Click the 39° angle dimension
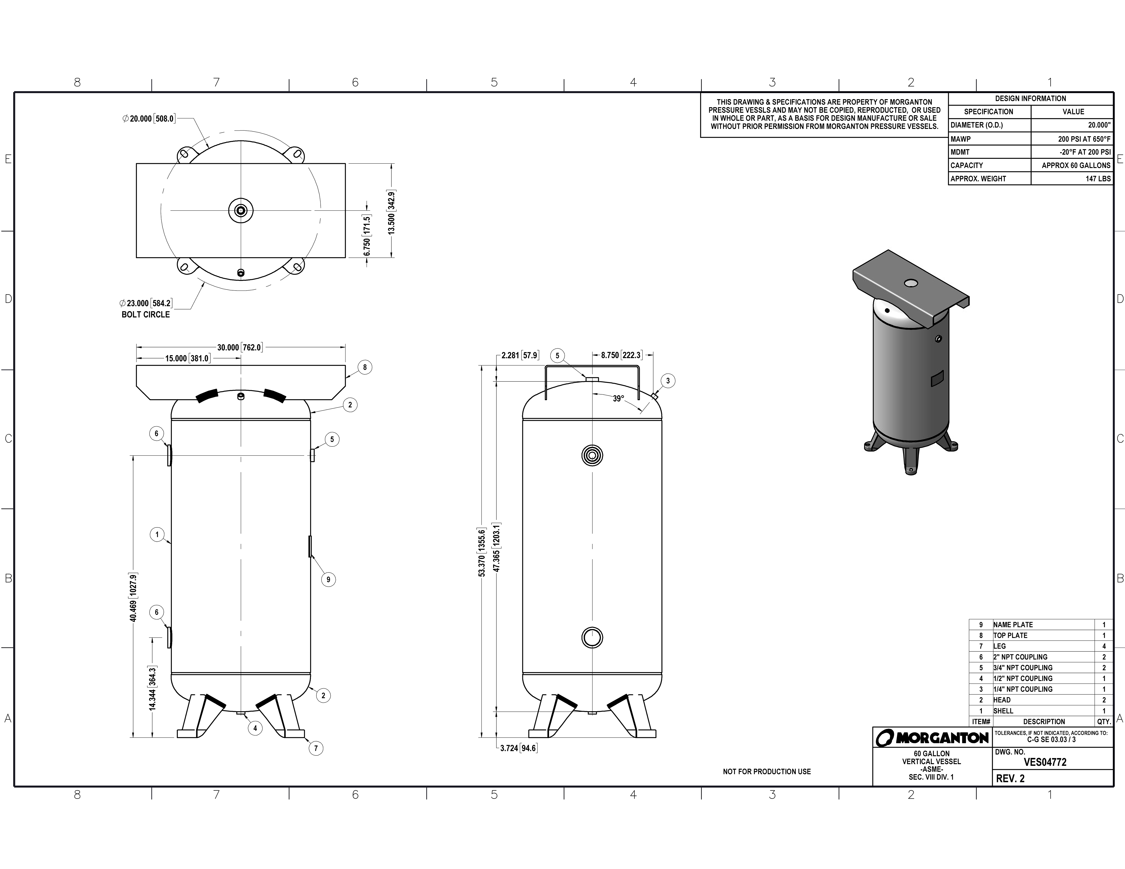tap(618, 399)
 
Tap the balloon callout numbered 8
tap(365, 367)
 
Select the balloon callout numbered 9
tap(328, 580)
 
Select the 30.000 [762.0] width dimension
tap(239, 348)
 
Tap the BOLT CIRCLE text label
tap(146, 315)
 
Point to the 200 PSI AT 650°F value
tap(1084, 139)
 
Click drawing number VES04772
tap(1045, 763)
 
